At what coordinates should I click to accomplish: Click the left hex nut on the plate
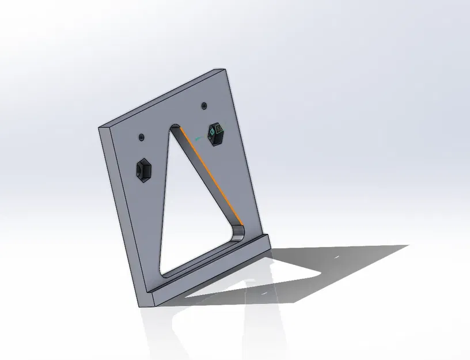(x=143, y=170)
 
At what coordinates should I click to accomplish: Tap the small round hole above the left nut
(x=142, y=137)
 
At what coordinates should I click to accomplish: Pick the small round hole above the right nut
(x=204, y=105)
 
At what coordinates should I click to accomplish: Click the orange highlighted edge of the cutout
(x=211, y=175)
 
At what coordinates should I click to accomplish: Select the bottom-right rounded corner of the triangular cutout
(x=239, y=233)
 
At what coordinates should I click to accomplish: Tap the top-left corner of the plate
(x=100, y=127)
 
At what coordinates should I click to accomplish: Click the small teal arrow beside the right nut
(x=199, y=138)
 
